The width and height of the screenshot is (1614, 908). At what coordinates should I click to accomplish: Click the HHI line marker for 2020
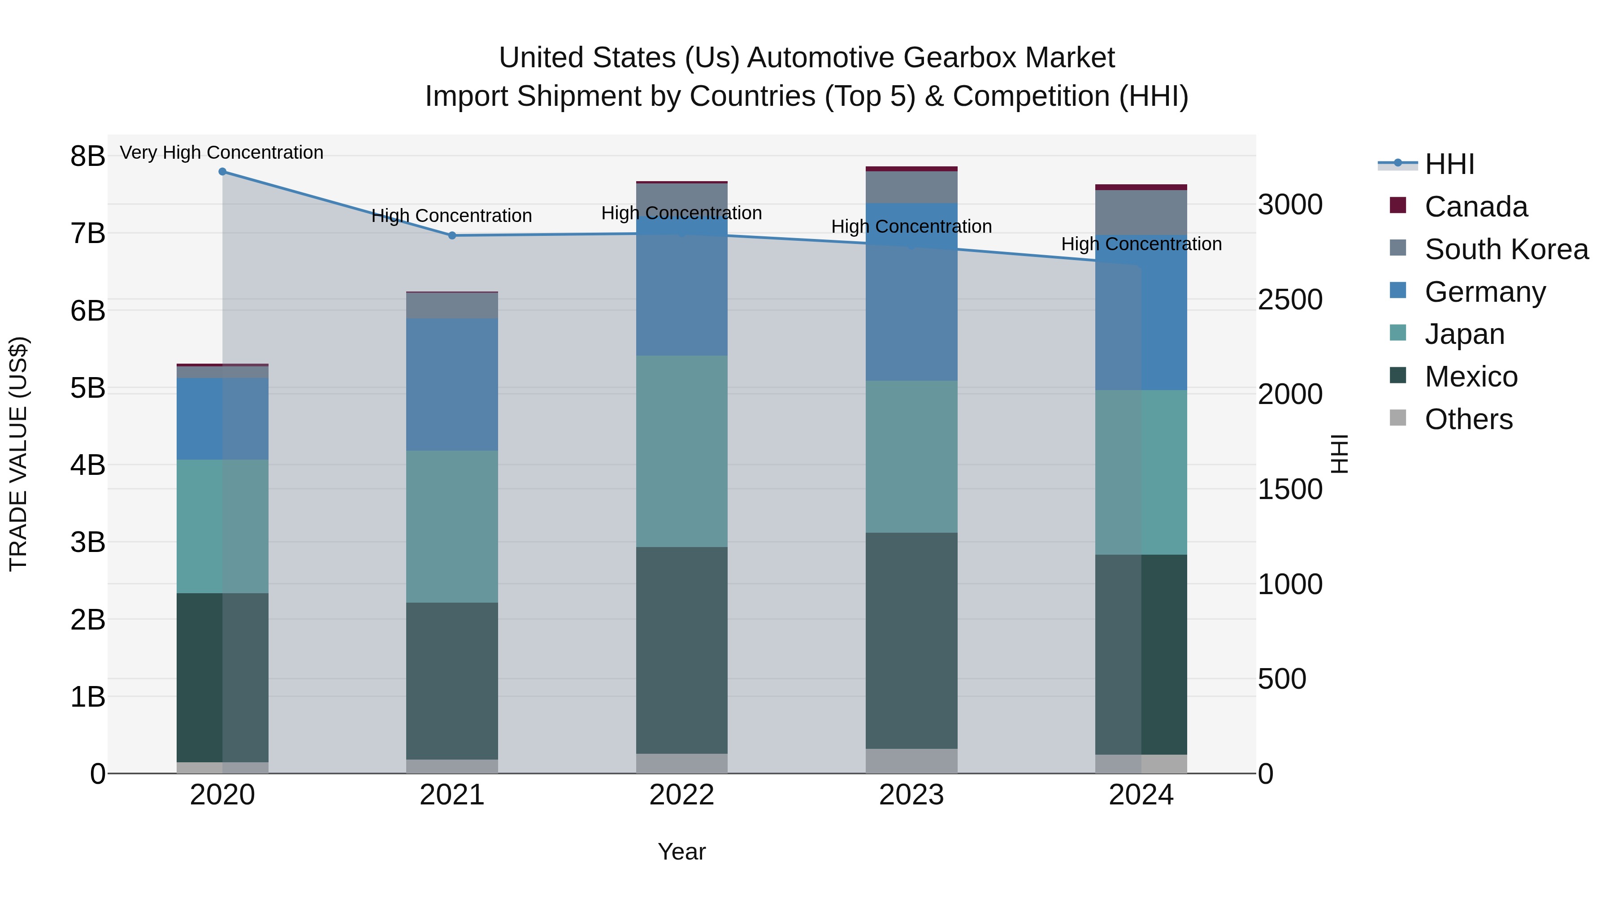[x=222, y=172]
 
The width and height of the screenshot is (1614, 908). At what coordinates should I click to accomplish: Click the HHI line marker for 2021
[x=452, y=235]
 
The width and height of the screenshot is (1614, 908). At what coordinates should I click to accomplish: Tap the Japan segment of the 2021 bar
[x=452, y=526]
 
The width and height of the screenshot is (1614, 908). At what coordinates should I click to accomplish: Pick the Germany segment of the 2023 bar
[x=911, y=292]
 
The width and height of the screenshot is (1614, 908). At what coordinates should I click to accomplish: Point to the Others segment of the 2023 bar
[x=911, y=761]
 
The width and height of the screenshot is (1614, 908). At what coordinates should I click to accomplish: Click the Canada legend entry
[x=1475, y=207]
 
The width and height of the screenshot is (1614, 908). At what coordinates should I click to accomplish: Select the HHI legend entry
[x=1449, y=164]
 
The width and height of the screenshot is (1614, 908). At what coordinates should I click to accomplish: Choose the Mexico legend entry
[x=1471, y=377]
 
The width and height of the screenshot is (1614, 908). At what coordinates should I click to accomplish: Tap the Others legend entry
[x=1468, y=419]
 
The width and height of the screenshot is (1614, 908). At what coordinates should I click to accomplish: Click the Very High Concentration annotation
[x=222, y=153]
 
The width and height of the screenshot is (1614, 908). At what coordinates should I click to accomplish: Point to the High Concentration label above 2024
[x=1141, y=244]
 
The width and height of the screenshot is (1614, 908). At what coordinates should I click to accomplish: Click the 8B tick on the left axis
[x=88, y=156]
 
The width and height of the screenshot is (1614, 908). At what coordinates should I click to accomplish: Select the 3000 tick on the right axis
[x=1290, y=205]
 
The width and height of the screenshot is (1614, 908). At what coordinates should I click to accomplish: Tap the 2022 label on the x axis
[x=681, y=795]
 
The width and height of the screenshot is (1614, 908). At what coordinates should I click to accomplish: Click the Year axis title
[x=681, y=852]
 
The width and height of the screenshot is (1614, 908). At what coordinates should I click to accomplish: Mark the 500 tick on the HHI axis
[x=1282, y=679]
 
